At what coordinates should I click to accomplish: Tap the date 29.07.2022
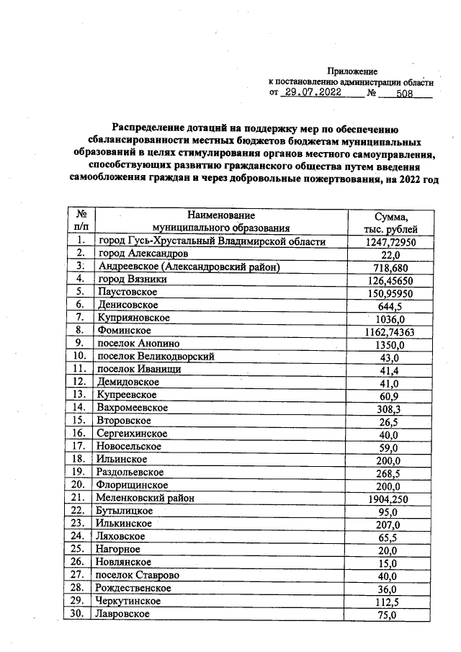(x=313, y=93)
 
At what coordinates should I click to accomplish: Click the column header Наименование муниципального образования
(x=221, y=221)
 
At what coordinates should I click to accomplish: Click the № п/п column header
(x=81, y=221)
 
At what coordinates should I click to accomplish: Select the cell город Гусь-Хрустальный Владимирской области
(x=212, y=241)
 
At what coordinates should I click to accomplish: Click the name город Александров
(x=144, y=254)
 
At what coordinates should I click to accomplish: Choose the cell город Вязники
(x=132, y=279)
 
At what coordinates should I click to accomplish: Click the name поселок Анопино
(x=140, y=344)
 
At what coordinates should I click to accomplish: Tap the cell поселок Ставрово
(x=138, y=575)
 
